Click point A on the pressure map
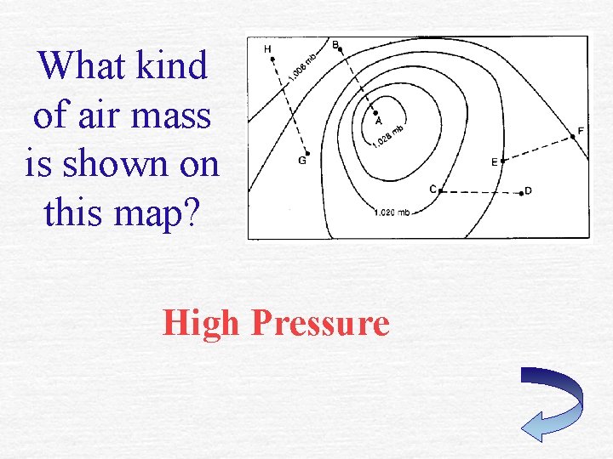tap(375, 112)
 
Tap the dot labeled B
tap(341, 49)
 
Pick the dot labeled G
tap(306, 154)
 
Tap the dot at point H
tap(272, 59)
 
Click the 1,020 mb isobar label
tap(392, 212)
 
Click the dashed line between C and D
tap(481, 192)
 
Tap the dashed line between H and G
tap(289, 106)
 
